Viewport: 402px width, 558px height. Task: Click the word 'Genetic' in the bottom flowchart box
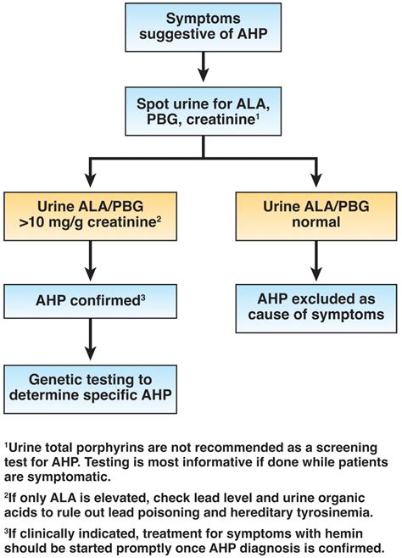59,378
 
